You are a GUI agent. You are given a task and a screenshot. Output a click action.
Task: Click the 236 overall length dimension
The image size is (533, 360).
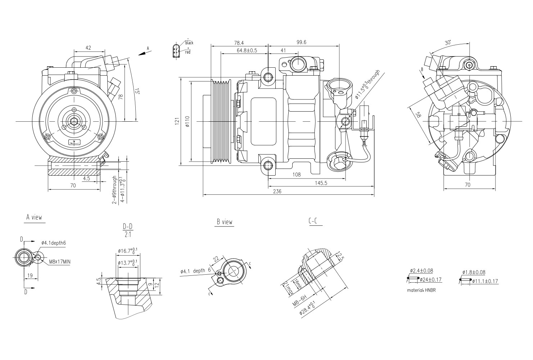click(x=277, y=192)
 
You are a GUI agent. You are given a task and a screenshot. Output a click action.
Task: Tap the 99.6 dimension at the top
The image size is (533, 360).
click(x=301, y=42)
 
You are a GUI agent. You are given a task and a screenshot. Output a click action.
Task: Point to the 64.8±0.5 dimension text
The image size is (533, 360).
click(x=247, y=50)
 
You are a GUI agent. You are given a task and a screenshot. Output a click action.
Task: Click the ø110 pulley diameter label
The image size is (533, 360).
click(x=187, y=122)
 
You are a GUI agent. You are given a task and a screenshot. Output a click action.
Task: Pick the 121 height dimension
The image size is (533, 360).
click(x=177, y=122)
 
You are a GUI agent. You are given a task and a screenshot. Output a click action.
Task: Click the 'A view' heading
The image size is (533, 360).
click(x=34, y=217)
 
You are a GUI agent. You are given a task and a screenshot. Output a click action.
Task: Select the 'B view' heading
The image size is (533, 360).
click(x=225, y=222)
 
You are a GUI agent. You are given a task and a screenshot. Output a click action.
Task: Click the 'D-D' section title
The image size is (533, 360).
click(x=128, y=226)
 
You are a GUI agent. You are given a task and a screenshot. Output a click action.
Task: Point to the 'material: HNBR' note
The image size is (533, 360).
click(x=421, y=290)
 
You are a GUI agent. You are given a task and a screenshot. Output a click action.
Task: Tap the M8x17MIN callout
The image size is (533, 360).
click(x=59, y=262)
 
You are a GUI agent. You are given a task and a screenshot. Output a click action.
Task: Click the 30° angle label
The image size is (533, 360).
click(x=448, y=43)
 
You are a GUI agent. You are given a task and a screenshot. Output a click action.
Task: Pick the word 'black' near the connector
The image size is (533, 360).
click(x=189, y=43)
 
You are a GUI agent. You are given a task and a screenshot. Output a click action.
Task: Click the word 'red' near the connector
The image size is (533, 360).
click(x=188, y=53)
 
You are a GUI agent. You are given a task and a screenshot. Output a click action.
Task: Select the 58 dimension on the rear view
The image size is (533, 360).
click(x=418, y=115)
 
